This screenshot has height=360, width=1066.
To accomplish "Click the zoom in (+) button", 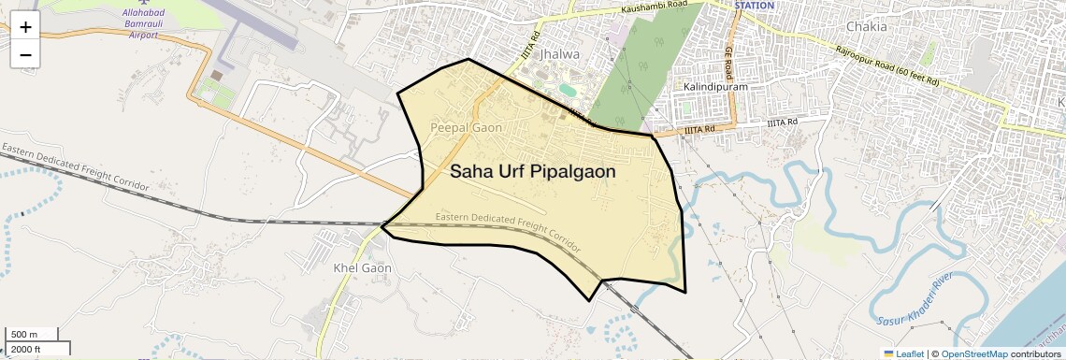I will [25, 27].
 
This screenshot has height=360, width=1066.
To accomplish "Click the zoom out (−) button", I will [25, 54].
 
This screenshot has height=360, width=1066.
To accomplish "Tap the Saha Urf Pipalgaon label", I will [532, 171].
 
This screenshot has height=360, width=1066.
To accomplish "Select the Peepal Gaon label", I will [466, 126].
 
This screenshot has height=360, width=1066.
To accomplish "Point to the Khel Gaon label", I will [362, 267].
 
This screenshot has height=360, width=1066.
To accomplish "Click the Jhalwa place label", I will [560, 54].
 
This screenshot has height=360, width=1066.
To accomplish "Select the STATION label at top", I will [755, 6].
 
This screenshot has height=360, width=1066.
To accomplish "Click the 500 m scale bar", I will [33, 334].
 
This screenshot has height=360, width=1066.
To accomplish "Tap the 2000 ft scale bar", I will [37, 349].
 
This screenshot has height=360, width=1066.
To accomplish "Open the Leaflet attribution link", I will [904, 353].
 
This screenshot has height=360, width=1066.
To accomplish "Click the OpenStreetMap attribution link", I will [974, 353].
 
